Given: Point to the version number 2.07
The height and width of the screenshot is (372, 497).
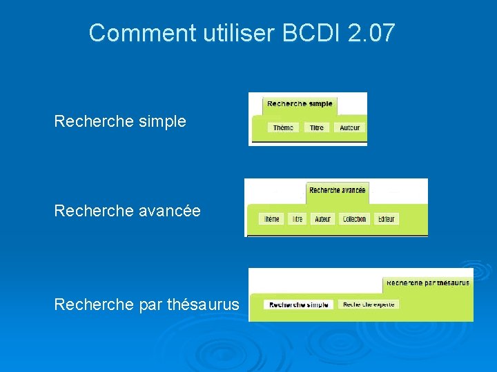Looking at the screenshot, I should click(x=372, y=33).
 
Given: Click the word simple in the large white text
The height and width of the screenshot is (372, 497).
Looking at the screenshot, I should click(x=162, y=122).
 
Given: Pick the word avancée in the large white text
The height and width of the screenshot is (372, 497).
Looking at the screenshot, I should click(x=170, y=211).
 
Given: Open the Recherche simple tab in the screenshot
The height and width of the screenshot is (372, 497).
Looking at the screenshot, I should click(x=300, y=104).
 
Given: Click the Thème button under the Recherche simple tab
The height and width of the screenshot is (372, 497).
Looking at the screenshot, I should click(x=283, y=127).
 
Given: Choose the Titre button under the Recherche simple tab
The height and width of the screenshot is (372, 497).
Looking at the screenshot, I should click(x=317, y=127).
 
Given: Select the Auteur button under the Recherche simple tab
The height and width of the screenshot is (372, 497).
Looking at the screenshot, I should click(x=349, y=127).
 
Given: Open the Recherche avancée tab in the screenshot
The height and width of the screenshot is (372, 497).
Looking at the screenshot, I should click(x=338, y=191).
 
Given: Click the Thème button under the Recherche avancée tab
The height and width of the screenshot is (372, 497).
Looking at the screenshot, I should click(x=272, y=219).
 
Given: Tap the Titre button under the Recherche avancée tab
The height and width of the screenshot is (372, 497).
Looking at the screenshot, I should click(x=297, y=219).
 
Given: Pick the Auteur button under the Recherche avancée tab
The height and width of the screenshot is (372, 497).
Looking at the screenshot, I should click(x=322, y=219).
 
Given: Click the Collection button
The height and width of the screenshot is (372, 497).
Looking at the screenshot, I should click(x=354, y=219).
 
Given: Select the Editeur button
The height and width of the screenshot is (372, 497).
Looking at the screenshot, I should click(x=387, y=219).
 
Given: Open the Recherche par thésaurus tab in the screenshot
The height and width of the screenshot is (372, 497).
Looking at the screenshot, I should click(x=428, y=283).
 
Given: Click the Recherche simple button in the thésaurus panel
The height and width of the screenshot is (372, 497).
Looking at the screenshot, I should click(x=299, y=304).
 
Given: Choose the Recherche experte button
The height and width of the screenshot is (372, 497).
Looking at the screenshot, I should click(x=369, y=304).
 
